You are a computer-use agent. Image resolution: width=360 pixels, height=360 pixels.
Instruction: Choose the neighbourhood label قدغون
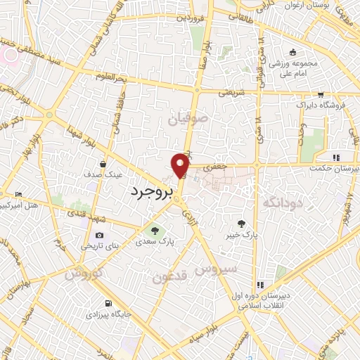point(169,276)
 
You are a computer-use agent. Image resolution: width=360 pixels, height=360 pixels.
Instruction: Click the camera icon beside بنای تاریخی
point(98,236)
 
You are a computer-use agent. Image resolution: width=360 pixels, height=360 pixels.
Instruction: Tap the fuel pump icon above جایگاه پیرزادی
point(107,304)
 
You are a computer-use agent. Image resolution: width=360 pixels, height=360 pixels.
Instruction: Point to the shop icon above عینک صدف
point(103,164)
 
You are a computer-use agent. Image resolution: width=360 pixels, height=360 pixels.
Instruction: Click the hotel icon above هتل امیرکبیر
point(18,194)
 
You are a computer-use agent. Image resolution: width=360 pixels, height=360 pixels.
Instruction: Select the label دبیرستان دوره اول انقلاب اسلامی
point(260,302)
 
